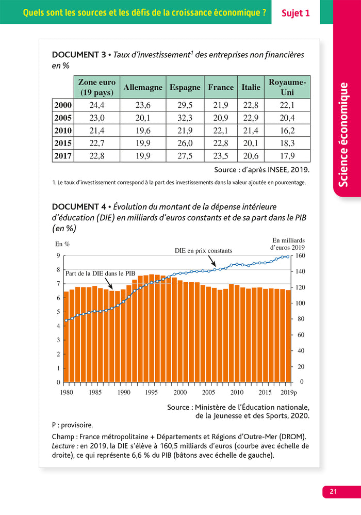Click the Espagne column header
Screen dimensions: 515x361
[185, 88]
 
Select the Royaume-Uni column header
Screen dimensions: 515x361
[287, 88]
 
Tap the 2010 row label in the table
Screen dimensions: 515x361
[63, 131]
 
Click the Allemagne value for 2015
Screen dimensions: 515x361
[143, 143]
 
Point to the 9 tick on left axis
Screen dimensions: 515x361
[58, 255]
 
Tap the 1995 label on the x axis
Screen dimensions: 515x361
[152, 392]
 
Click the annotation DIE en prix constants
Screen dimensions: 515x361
[203, 251]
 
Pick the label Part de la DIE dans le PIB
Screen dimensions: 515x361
[100, 273]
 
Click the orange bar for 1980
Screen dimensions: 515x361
[66, 337]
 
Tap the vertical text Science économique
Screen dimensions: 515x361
[344, 134]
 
